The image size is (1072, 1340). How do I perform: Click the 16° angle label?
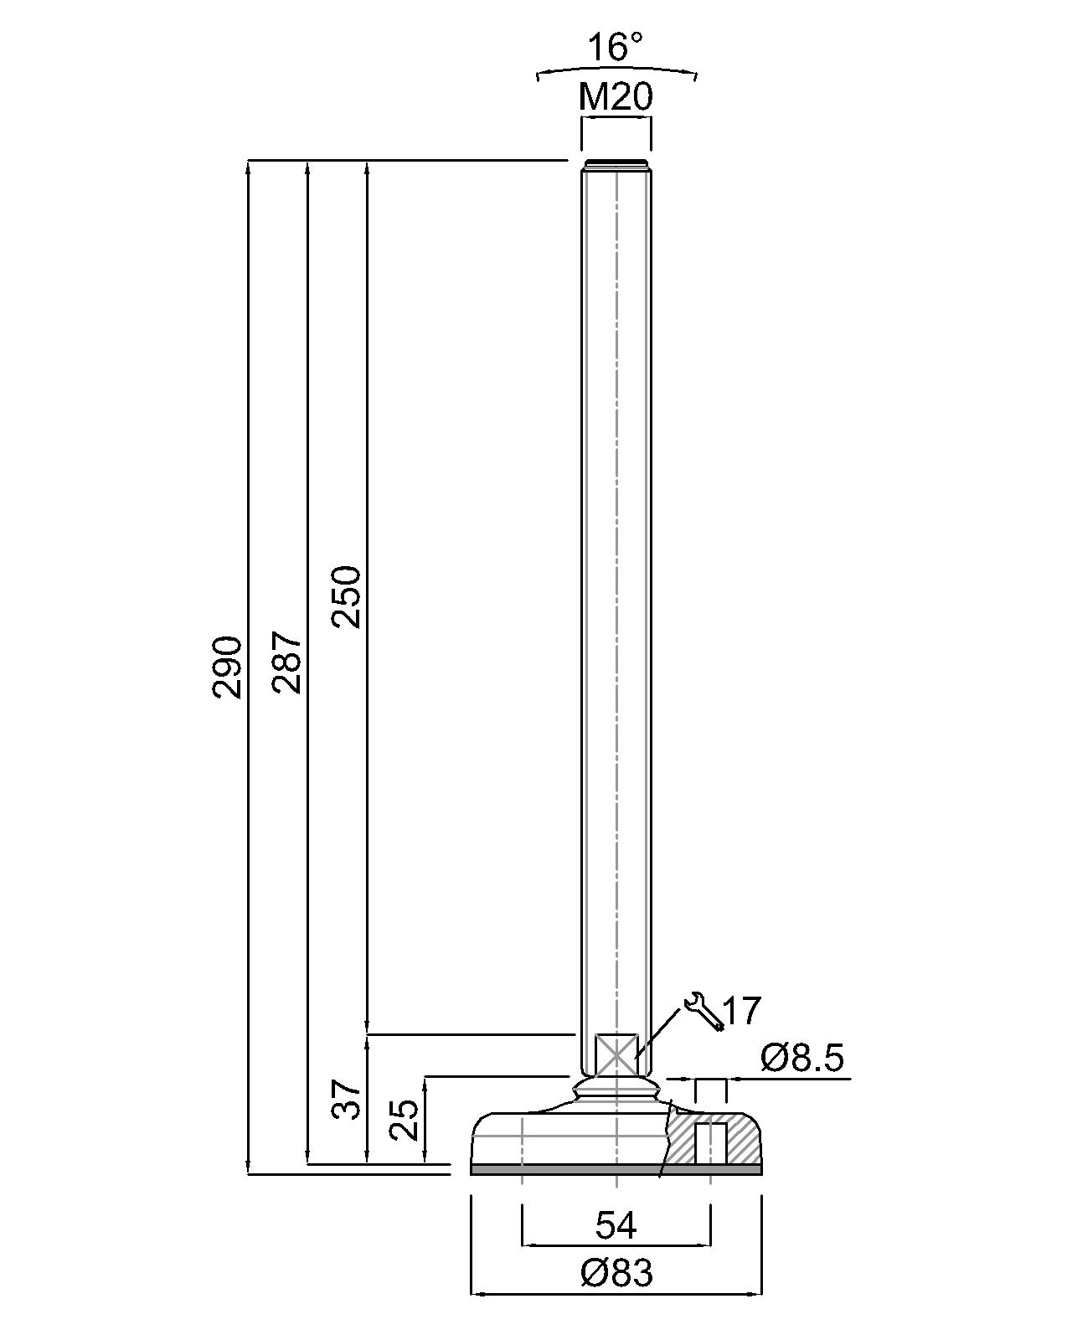[x=616, y=48]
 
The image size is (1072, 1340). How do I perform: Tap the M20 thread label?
[x=616, y=99]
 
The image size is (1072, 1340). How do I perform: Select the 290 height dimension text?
[x=228, y=667]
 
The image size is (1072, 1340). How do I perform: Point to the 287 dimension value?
[x=287, y=662]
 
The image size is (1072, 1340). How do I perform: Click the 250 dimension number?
[x=346, y=596]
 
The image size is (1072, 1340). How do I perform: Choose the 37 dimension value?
[x=346, y=1099]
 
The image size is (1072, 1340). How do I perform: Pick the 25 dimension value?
[x=405, y=1120]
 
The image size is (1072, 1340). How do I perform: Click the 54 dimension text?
[x=616, y=1226]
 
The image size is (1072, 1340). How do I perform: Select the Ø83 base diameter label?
[x=616, y=1274]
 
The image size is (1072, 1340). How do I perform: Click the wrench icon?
[x=703, y=1010]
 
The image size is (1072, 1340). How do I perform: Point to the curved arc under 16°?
[x=616, y=69]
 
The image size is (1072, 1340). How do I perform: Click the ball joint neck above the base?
[x=616, y=1089]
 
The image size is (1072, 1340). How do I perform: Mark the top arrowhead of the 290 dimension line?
[x=248, y=166]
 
